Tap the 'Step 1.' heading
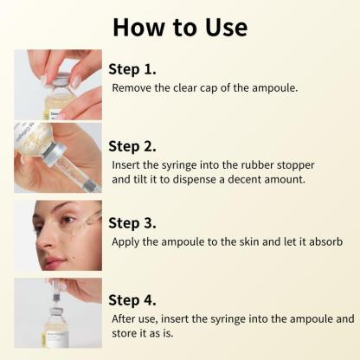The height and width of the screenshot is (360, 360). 132,68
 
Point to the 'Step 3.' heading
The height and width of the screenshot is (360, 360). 133,221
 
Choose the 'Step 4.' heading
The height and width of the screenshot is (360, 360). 133,299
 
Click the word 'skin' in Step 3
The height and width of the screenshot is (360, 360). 241,241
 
